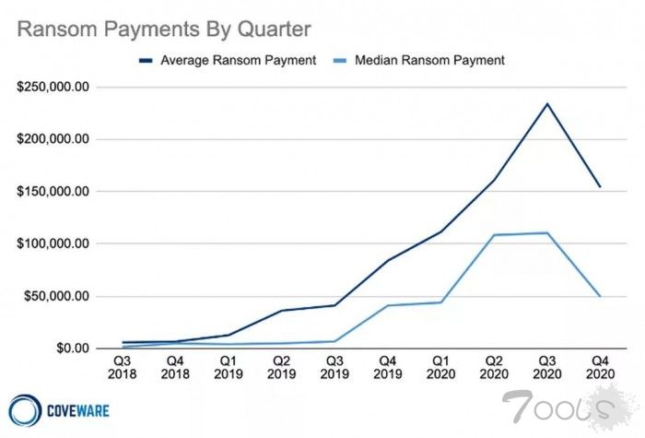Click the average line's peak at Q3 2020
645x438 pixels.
tap(546, 103)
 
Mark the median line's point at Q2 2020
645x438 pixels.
tap(494, 235)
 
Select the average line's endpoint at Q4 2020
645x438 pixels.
tap(599, 187)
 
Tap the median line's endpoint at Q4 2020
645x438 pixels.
tap(599, 296)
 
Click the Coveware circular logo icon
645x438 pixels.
tap(22, 408)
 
